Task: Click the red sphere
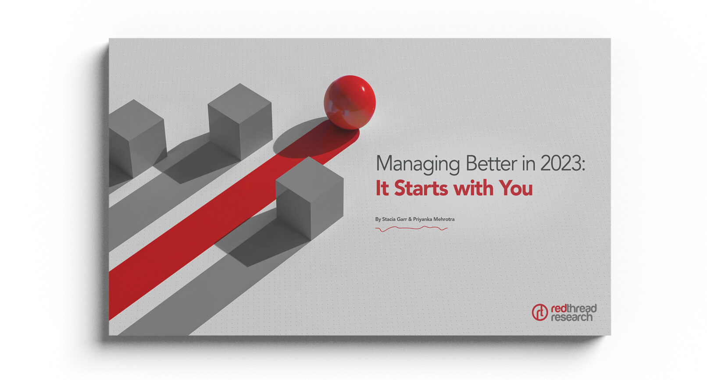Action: pyautogui.click(x=350, y=103)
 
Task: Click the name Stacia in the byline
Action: pyautogui.click(x=389, y=219)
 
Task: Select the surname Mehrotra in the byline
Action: pyautogui.click(x=444, y=219)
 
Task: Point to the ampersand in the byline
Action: pyautogui.click(x=410, y=219)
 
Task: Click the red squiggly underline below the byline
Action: pyautogui.click(x=411, y=228)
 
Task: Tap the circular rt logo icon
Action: pyautogui.click(x=539, y=313)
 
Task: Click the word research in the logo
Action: pyautogui.click(x=571, y=317)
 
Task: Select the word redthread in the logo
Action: pyautogui.click(x=574, y=308)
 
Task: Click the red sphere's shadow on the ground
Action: pyautogui.click(x=307, y=140)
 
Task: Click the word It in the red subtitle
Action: pyautogui.click(x=382, y=188)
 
